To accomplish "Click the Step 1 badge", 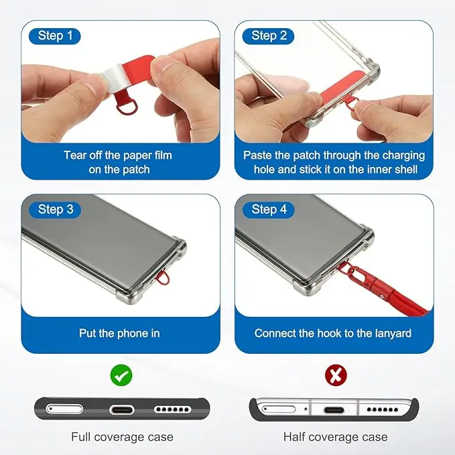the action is click(54, 36).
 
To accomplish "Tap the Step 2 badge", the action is click(268, 36).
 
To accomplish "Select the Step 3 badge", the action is click(55, 210).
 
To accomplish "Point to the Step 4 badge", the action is click(269, 210).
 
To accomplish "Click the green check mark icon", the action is click(121, 375).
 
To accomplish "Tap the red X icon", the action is click(336, 375).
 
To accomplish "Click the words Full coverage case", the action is click(122, 436).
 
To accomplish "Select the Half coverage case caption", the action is click(336, 436).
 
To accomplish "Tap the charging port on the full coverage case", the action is click(121, 410).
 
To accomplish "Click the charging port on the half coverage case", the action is click(334, 410).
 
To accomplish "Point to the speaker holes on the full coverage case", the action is click(172, 409).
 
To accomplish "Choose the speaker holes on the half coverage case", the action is click(383, 409).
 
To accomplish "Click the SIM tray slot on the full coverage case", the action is click(64, 409).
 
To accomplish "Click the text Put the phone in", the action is click(119, 334).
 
